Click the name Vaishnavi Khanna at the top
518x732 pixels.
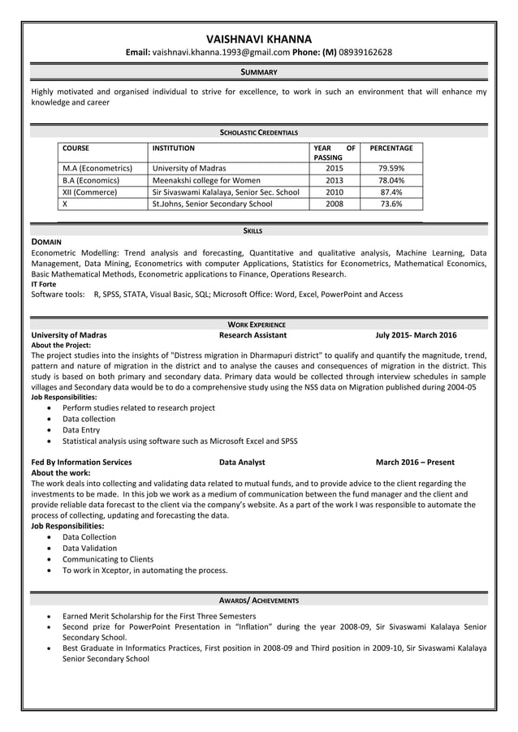pyautogui.click(x=259, y=38)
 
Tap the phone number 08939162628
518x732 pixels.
pyautogui.click(x=365, y=53)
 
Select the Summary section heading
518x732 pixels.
pyautogui.click(x=259, y=72)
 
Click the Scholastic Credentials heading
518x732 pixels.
pyautogui.click(x=259, y=132)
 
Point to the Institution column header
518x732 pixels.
pyautogui.click(x=174, y=149)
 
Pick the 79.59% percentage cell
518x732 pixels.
pyautogui.click(x=391, y=169)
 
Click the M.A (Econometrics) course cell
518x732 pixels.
pyautogui.click(x=97, y=169)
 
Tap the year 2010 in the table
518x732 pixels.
pyautogui.click(x=335, y=192)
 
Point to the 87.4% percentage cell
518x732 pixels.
pyautogui.click(x=391, y=192)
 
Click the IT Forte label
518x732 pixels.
pyautogui.click(x=44, y=284)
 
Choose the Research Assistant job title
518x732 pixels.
pyautogui.click(x=253, y=335)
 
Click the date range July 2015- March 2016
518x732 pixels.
pyautogui.click(x=416, y=335)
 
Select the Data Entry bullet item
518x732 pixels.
pyautogui.click(x=81, y=430)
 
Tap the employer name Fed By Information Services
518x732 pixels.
pyautogui.click(x=81, y=463)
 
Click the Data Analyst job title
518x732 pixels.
pyautogui.click(x=242, y=463)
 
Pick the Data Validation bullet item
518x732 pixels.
pyautogui.click(x=89, y=549)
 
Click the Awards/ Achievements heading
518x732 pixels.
pyautogui.click(x=259, y=601)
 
